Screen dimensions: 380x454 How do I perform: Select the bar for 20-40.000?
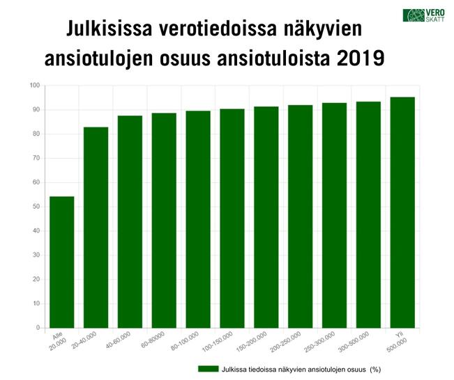tap(96, 227)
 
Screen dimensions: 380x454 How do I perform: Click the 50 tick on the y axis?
tap(36, 207)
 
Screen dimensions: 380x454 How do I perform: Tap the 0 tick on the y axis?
tap(38, 328)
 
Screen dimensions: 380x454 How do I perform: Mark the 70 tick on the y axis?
tap(36, 158)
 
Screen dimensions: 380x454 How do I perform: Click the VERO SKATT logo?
tap(420, 16)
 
